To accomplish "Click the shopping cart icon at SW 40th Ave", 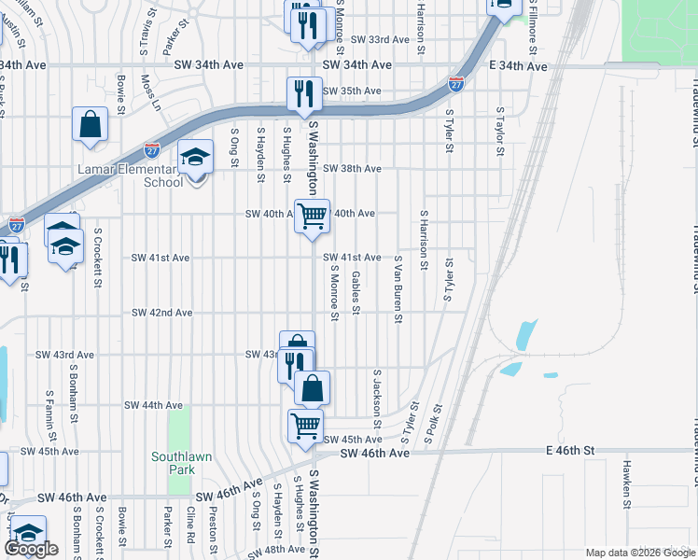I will click(313, 216).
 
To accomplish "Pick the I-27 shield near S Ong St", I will click(152, 149).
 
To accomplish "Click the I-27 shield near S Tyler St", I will click(456, 84).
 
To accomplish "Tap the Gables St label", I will click(356, 292).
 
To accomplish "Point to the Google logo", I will click(31, 549).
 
